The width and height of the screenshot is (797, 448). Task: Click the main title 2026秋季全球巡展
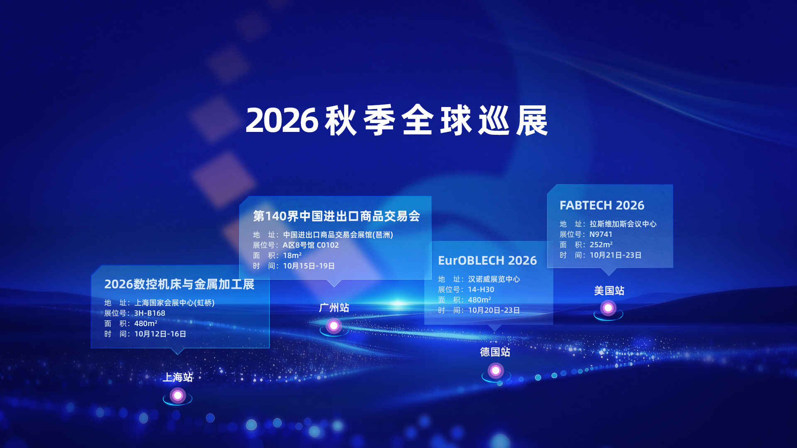point(397,120)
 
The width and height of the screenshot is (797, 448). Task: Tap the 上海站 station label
point(178,377)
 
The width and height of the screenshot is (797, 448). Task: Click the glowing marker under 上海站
point(178,396)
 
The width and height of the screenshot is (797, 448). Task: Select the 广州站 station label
point(334,307)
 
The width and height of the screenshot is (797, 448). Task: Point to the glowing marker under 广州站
point(334,326)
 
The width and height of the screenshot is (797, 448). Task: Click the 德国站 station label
point(495,352)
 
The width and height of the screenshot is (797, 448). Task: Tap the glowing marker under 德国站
point(496,370)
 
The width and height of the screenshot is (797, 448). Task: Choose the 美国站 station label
point(609,290)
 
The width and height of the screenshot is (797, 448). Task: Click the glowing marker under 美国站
point(608,308)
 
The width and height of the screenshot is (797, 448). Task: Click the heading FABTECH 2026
point(602,205)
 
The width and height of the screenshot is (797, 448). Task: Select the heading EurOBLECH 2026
point(487,261)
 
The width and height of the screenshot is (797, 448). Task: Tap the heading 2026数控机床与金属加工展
point(179,284)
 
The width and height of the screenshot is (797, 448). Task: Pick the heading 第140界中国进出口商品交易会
point(337,216)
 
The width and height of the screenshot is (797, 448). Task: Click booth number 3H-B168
point(149,313)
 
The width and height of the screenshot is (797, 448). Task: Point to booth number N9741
point(601,234)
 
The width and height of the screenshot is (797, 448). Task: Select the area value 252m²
point(601,245)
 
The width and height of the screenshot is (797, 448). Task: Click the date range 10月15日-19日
point(309,266)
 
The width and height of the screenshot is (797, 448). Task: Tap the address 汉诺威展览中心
point(494,279)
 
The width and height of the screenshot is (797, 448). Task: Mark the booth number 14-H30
point(481,290)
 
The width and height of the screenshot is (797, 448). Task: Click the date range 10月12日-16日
point(160,334)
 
